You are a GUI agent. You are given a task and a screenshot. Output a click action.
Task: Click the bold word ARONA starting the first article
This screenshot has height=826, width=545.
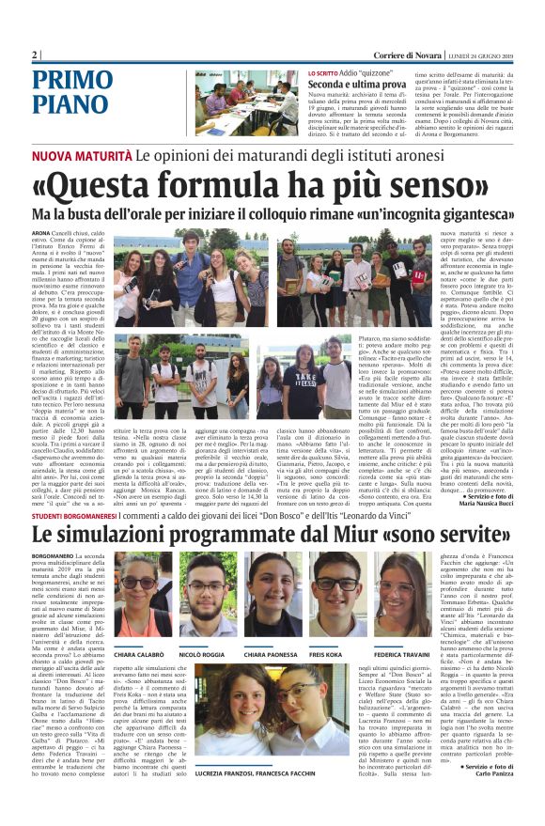(42, 231)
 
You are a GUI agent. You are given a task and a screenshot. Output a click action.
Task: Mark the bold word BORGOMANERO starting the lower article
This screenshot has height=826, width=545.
(55, 556)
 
